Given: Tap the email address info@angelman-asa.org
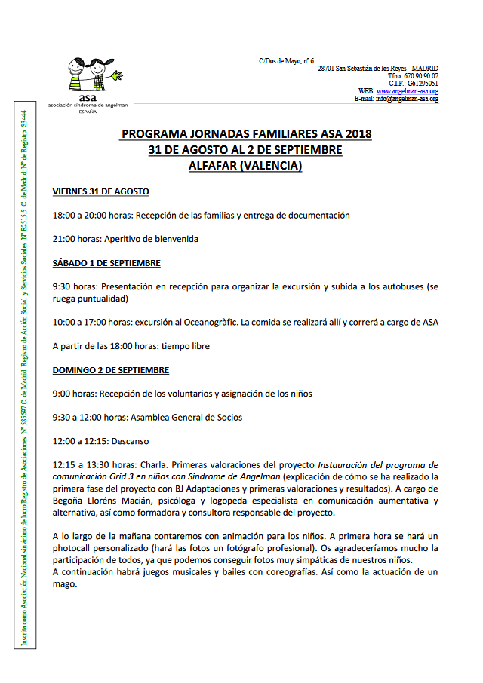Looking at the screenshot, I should [408, 99].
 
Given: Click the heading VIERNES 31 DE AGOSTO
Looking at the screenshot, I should [100, 191].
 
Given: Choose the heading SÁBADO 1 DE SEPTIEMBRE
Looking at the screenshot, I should [106, 263].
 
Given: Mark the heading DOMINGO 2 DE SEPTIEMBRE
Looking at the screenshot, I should [110, 370].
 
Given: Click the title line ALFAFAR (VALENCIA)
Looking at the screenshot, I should [245, 166].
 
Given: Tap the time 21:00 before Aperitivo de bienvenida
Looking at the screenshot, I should [63, 239].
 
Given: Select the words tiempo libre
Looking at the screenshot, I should [185, 346].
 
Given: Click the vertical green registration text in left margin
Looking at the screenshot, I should [25, 377].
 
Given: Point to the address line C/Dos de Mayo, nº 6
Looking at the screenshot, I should [286, 60].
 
